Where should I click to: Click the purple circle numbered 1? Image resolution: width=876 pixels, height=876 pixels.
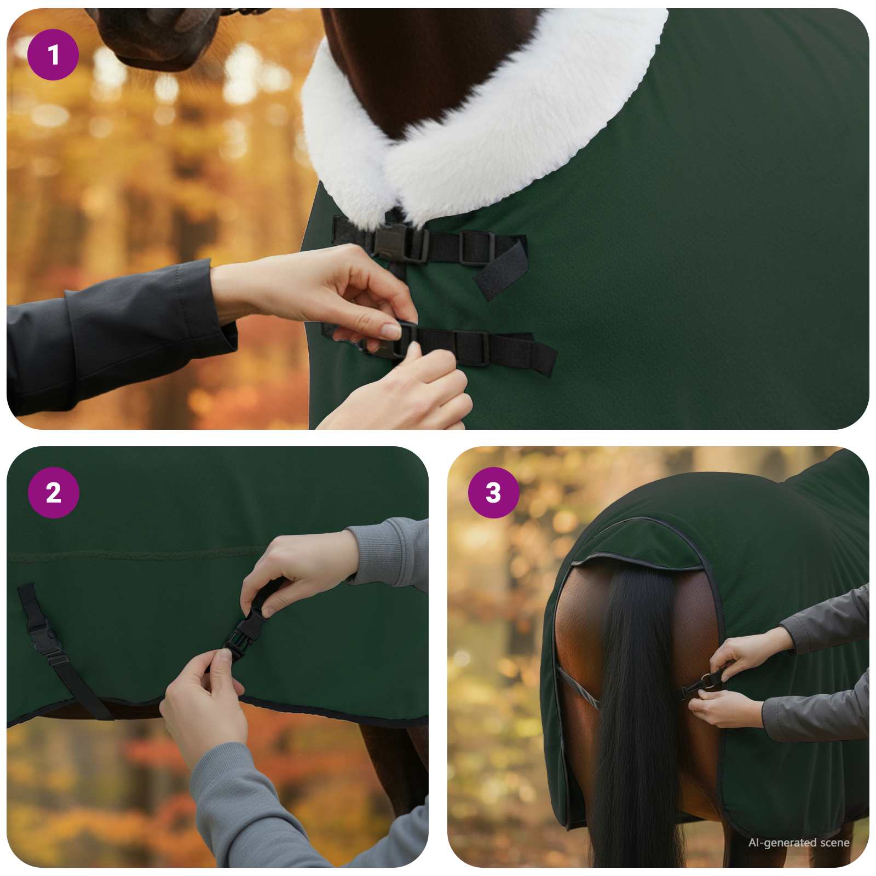53,55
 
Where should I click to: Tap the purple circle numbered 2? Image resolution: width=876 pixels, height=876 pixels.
53,493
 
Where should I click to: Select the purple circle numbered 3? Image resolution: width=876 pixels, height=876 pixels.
493,493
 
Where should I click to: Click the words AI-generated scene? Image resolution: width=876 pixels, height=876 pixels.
798,843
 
